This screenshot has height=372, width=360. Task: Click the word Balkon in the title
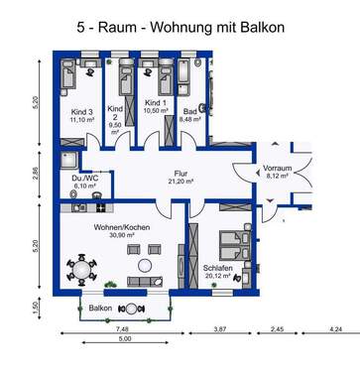pos(253,25)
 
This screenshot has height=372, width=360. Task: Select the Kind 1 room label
pos(155,103)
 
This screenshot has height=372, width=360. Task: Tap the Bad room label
pos(191,112)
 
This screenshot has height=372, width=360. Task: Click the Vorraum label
pos(277,170)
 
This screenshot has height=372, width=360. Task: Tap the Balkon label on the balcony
pos(99,309)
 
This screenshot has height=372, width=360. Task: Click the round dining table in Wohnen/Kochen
pos(80,270)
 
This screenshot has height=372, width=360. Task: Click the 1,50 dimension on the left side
pos(38,309)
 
